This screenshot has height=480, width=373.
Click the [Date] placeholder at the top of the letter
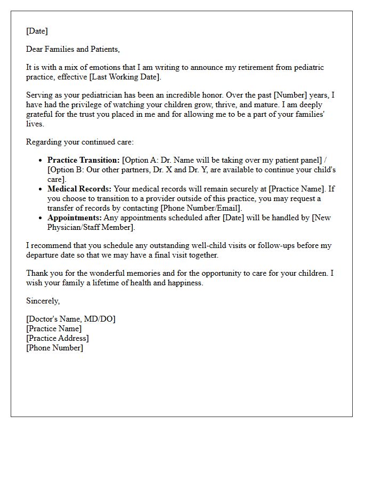[37, 31]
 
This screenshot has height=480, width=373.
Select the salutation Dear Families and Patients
[73, 49]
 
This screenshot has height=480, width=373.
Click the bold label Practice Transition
[84, 160]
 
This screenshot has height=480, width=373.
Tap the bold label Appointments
[74, 218]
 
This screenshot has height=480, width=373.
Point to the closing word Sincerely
[43, 301]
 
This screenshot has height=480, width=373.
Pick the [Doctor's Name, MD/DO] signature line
[71, 319]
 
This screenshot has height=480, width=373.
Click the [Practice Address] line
[58, 338]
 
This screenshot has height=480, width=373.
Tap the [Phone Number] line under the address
[55, 348]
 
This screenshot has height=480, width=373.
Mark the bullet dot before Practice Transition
[41, 160]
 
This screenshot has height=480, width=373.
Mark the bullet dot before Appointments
[41, 218]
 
